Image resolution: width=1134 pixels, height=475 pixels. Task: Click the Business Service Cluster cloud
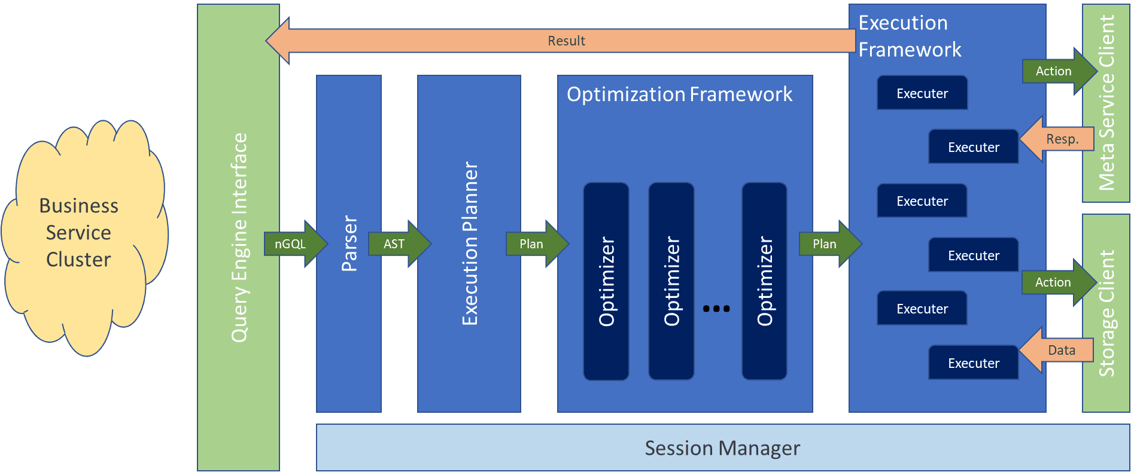(x=81, y=233)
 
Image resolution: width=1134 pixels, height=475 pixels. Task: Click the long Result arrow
(x=566, y=41)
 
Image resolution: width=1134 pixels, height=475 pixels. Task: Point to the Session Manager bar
(x=722, y=447)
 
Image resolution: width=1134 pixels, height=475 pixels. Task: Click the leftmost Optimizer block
(x=606, y=281)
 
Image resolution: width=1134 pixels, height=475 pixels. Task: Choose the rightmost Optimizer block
(x=764, y=281)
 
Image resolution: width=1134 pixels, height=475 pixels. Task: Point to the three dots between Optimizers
(x=716, y=309)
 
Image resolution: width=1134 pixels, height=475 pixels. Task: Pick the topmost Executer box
(x=922, y=93)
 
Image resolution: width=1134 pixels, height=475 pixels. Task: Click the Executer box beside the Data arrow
(x=973, y=363)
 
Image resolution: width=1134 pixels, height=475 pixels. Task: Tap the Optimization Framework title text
(x=679, y=95)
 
